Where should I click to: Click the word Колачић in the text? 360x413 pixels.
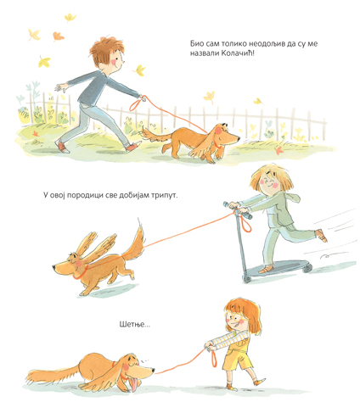pyautogui.click(x=237, y=53)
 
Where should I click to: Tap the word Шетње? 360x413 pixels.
pyautogui.click(x=135, y=324)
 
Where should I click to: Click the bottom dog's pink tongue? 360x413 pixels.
pyautogui.click(x=134, y=384)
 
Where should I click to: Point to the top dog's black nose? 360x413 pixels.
pyautogui.click(x=239, y=138)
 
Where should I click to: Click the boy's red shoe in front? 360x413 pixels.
pyautogui.click(x=133, y=146)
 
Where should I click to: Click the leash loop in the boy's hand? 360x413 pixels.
pyautogui.click(x=136, y=104)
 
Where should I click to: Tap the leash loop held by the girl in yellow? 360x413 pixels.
pyautogui.click(x=214, y=358)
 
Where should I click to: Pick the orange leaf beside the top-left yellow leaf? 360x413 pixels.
pyautogui.click(x=59, y=36)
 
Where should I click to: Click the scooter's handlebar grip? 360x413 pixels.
pyautogui.click(x=246, y=215)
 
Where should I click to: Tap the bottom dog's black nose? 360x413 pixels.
pyautogui.click(x=153, y=370)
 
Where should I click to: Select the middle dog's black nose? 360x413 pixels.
pyautogui.click(x=53, y=266)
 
